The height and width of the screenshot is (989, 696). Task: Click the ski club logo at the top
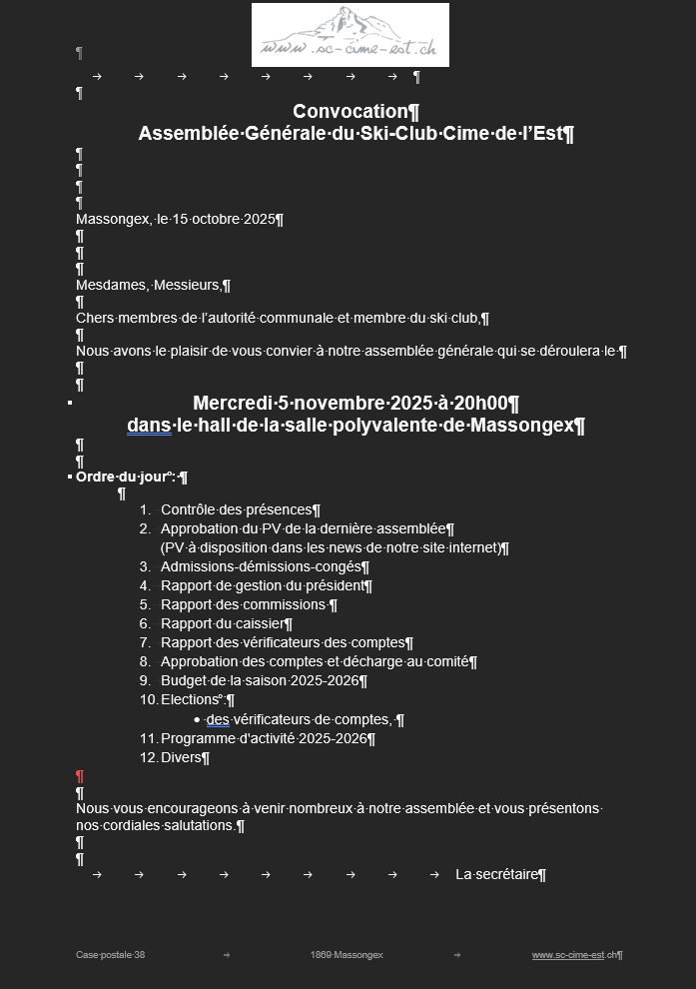[349, 35]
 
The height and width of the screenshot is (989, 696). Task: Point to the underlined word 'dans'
[149, 426]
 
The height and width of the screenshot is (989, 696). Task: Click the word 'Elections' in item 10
[190, 700]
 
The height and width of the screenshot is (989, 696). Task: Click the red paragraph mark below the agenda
[80, 776]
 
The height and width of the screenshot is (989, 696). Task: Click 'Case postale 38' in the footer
[110, 955]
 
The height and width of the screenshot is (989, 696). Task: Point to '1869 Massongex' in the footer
[347, 955]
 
